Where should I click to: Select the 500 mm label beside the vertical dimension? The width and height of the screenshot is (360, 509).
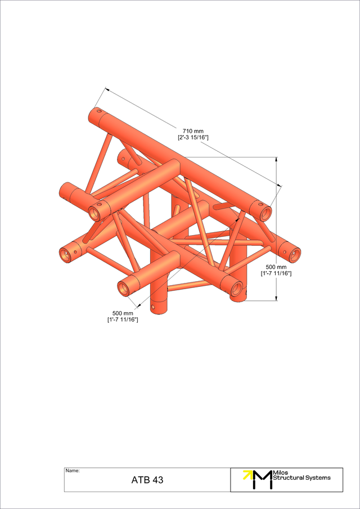pyautogui.click(x=276, y=267)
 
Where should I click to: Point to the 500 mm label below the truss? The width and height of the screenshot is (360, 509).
pyautogui.click(x=123, y=313)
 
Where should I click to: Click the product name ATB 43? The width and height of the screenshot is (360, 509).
pyautogui.click(x=147, y=480)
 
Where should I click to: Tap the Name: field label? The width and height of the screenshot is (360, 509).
pyautogui.click(x=73, y=470)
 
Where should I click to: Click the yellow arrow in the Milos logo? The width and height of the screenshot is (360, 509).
pyautogui.click(x=247, y=474)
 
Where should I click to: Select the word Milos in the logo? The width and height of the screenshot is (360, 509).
pyautogui.click(x=280, y=472)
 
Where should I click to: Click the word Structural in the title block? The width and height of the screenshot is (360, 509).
pyautogui.click(x=289, y=478)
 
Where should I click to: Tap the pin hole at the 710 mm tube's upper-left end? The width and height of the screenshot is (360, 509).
pyautogui.click(x=99, y=112)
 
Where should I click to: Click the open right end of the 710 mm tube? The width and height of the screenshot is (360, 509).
pyautogui.click(x=264, y=213)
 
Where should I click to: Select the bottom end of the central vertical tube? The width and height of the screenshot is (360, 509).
pyautogui.click(x=159, y=309)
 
